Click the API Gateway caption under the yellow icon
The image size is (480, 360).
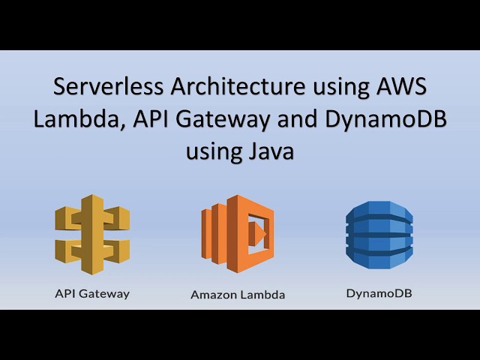[92, 293]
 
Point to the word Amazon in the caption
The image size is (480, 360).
[214, 295]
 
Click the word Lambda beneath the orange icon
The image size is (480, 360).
[263, 295]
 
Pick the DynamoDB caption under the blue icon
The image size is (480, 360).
[379, 293]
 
